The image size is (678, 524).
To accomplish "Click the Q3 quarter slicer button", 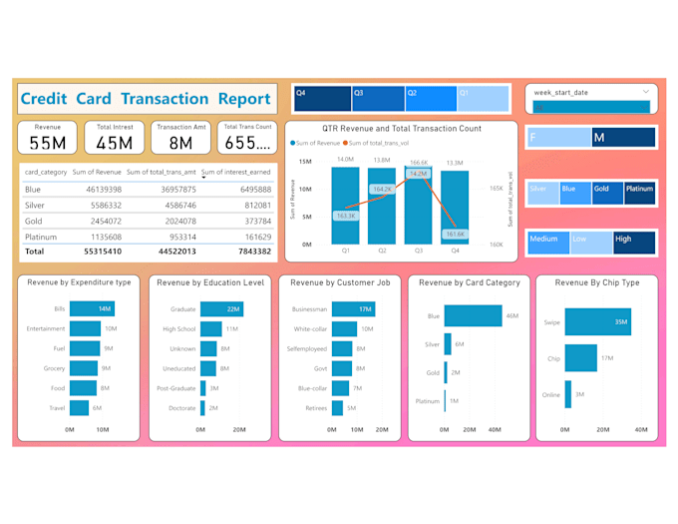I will [377, 97].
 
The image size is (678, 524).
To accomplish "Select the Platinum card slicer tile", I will [639, 193].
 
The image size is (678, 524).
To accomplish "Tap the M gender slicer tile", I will [623, 136].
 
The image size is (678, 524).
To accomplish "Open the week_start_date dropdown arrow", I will [645, 92].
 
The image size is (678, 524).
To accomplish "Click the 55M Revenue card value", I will [47, 144].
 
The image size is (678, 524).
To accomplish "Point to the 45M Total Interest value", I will [115, 144].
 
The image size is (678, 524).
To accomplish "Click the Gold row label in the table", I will [34, 221].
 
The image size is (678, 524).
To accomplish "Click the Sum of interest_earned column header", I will [236, 173].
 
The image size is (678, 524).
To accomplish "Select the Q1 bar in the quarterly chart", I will [345, 205].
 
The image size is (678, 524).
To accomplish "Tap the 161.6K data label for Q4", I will [455, 234].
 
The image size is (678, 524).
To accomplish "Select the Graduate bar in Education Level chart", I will [220, 309].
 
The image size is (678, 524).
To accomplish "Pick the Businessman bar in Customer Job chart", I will [351, 309].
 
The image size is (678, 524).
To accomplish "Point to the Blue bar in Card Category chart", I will [479, 316].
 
